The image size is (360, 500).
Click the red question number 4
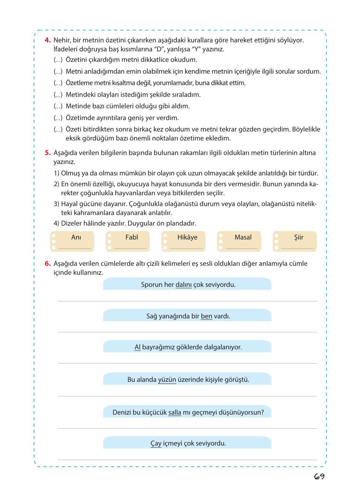pyautogui.click(x=47, y=40)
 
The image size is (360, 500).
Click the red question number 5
pyautogui.click(x=47, y=153)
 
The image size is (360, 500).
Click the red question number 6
pyautogui.click(x=47, y=264)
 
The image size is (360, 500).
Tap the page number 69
pyautogui.click(x=319, y=476)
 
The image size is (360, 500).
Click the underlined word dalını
pyautogui.click(x=184, y=285)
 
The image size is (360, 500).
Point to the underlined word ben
pyautogui.click(x=206, y=316)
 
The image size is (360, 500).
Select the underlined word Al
pyautogui.click(x=137, y=347)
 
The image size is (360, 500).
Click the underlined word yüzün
pyautogui.click(x=167, y=380)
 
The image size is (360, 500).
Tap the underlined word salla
pyautogui.click(x=175, y=412)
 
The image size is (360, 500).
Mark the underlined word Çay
pyautogui.click(x=156, y=443)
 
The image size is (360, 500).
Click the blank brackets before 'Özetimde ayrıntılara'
pyautogui.click(x=58, y=118)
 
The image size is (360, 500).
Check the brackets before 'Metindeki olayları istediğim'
pyautogui.click(x=58, y=95)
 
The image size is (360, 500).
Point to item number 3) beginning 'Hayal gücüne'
pyautogui.click(x=56, y=204)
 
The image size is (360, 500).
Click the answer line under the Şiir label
pyautogui.click(x=297, y=248)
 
